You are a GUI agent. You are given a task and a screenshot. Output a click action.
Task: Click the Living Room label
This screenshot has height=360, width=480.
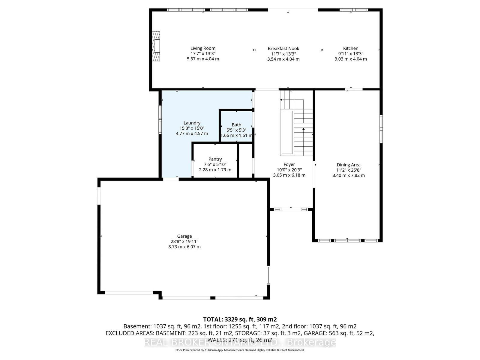pyautogui.click(x=203, y=48)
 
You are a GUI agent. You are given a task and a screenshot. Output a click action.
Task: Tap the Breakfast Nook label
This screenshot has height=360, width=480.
pyautogui.click(x=283, y=49)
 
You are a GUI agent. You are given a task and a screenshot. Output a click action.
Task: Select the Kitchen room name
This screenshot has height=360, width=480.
pyautogui.click(x=350, y=49)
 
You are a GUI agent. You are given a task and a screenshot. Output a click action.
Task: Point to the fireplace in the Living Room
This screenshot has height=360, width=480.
pyautogui.click(x=156, y=46)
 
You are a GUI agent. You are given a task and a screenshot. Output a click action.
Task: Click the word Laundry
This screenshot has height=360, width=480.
pyautogui.click(x=192, y=123)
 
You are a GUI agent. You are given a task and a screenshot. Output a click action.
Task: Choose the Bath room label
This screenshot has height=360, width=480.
pyautogui.click(x=236, y=125)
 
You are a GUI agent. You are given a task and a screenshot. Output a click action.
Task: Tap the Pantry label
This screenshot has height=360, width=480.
pyautogui.click(x=215, y=159)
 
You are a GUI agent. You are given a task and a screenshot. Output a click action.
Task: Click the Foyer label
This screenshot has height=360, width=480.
pyautogui.click(x=289, y=164)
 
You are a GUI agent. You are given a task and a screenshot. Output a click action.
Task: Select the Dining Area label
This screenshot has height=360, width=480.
pyautogui.click(x=348, y=165)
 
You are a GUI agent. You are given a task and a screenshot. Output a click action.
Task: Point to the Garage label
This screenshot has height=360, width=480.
pyautogui.click(x=184, y=236)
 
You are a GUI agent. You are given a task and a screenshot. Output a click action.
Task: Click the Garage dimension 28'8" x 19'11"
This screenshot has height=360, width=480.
pyautogui.click(x=184, y=241)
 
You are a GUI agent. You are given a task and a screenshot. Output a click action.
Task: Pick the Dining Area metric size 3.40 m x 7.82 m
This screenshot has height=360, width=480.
pyautogui.click(x=349, y=175)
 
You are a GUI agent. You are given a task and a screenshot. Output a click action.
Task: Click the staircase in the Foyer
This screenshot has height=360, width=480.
pyautogui.click(x=296, y=123)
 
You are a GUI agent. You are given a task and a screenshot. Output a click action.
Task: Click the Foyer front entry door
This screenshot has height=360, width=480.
pyautogui.click(x=291, y=209)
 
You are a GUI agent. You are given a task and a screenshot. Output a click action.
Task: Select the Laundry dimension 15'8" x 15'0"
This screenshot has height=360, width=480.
pyautogui.click(x=192, y=128)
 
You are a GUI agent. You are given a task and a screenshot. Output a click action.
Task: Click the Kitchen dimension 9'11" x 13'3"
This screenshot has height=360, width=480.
pyautogui.click(x=350, y=54)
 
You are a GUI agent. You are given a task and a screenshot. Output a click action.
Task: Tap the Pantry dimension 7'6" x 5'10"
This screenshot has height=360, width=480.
pyautogui.click(x=215, y=164)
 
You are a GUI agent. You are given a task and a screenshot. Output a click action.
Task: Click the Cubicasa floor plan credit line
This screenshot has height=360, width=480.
pyautogui.click(x=240, y=350)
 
